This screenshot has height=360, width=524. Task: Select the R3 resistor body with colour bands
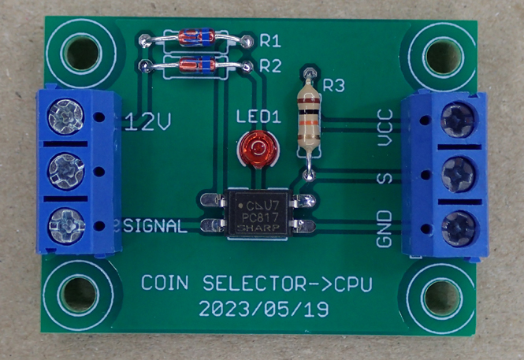point(309,121)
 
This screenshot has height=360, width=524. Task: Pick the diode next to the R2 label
point(195,65)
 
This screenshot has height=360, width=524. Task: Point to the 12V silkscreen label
point(149,121)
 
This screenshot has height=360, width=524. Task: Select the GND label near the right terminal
point(385,228)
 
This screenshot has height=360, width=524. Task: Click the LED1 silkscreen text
point(259,117)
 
